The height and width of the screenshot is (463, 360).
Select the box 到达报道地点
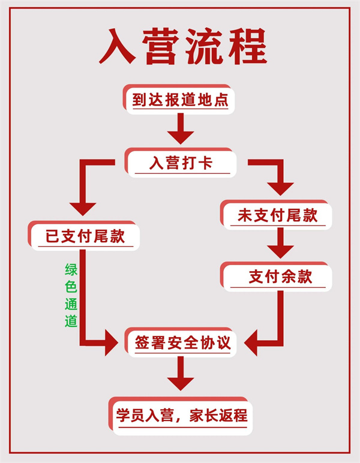(x=180, y=100)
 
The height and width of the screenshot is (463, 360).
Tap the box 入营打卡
(x=181, y=163)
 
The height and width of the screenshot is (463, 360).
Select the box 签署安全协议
(x=181, y=344)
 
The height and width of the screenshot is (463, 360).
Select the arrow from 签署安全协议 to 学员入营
(x=180, y=375)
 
